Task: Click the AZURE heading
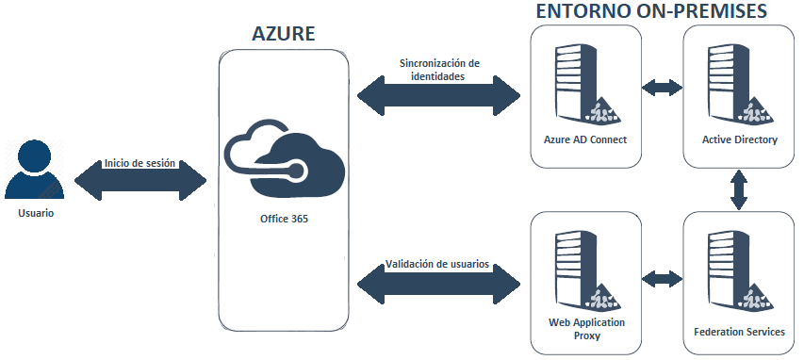(283, 34)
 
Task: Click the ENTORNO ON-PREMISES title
(650, 11)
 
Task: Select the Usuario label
(36, 213)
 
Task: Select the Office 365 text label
(284, 218)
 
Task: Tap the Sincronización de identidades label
(438, 71)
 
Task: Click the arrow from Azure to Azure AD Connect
(438, 94)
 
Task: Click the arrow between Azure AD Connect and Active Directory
(662, 88)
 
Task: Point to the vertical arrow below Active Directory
(739, 190)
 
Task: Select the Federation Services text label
(739, 333)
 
